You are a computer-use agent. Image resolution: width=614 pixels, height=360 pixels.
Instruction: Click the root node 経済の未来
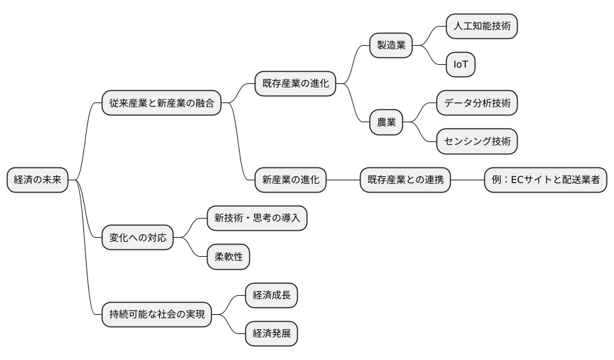coord(38,180)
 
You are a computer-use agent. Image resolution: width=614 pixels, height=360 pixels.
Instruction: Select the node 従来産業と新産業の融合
coord(161,103)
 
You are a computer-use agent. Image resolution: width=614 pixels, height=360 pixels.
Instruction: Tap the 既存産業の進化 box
coord(295,84)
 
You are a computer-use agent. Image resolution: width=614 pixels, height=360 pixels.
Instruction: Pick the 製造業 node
coord(391,46)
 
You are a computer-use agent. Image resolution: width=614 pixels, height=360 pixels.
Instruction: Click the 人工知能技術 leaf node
coord(482,27)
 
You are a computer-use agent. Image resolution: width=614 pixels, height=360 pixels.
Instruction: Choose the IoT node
coord(460,65)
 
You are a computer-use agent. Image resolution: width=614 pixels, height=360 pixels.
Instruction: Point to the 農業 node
coord(386,123)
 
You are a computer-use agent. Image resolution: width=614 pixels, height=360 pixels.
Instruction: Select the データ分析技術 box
coord(477,103)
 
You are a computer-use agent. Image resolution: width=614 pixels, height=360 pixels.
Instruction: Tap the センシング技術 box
coord(477,142)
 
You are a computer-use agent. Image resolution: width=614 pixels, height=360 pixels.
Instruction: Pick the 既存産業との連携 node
coord(405,180)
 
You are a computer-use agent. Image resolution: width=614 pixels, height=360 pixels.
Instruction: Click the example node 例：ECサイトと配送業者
coord(545,180)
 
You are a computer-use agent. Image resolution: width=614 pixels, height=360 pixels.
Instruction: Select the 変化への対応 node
coord(137,238)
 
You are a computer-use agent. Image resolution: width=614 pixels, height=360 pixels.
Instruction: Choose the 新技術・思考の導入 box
coord(257,219)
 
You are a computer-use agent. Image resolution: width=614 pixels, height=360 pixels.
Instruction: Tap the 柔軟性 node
coord(228,258)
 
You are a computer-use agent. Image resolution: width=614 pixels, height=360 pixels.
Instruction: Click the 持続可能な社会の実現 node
coord(156,315)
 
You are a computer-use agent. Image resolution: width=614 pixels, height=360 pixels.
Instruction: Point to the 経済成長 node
coord(271,296)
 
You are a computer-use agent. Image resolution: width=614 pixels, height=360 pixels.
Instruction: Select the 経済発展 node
coord(271,334)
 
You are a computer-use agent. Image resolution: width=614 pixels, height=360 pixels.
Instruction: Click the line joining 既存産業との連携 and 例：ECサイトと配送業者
coord(467,180)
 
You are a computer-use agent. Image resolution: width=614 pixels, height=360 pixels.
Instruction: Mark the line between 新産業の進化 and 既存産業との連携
coord(344,180)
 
